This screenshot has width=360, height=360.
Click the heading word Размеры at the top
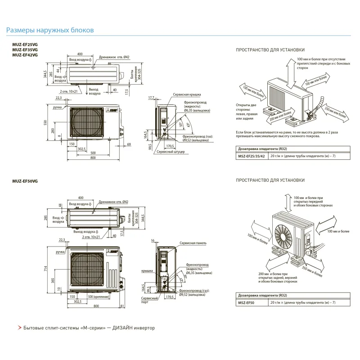tap(20, 31)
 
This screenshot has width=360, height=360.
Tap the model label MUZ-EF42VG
tap(22, 54)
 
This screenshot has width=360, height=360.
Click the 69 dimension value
tap(129, 144)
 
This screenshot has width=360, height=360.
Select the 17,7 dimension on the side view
tap(151, 97)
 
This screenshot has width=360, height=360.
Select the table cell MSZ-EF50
tap(246, 303)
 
